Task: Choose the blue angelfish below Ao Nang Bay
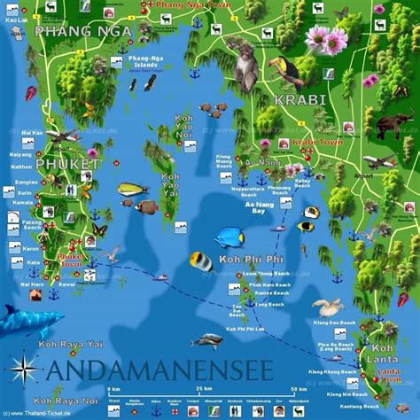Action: (230, 237)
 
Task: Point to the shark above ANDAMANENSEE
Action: (206, 340)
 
